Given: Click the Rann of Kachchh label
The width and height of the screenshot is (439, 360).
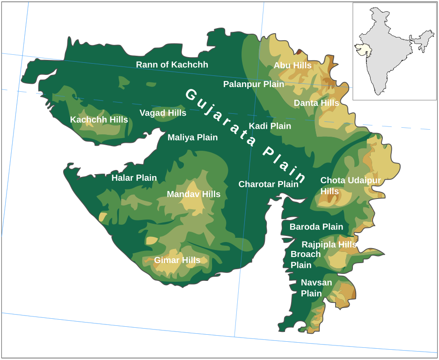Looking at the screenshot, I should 172,65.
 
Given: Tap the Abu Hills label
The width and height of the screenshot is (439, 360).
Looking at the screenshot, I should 293,66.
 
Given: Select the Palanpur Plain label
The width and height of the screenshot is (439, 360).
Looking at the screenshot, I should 254,84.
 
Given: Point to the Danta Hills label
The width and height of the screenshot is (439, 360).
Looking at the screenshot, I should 316,103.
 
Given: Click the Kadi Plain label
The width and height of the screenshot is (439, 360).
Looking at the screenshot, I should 270,126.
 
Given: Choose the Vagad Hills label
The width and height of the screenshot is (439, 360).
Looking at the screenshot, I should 163,113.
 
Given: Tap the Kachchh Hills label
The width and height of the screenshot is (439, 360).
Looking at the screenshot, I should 99,120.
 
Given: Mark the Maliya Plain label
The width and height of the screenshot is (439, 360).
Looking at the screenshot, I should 192,138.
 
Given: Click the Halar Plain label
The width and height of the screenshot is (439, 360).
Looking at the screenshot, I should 134,178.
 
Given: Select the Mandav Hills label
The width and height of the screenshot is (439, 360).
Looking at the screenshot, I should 193,194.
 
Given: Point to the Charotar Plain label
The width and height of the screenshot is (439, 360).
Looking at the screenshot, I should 268,184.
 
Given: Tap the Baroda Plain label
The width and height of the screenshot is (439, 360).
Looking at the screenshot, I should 316,227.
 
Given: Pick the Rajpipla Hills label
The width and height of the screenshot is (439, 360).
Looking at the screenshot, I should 329,244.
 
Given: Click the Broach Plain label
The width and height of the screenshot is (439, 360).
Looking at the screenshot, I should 305,260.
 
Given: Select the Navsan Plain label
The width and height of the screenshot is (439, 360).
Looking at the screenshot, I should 316,288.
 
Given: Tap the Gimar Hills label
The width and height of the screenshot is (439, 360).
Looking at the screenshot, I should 177,260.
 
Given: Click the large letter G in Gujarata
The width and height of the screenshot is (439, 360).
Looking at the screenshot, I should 191,94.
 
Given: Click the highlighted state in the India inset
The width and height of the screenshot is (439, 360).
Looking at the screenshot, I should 361,48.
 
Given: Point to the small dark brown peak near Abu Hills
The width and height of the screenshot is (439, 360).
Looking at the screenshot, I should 299,51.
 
